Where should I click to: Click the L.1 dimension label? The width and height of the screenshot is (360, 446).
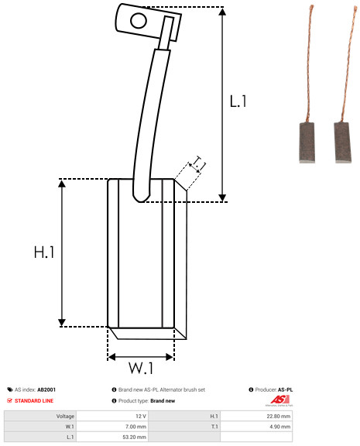(238, 101)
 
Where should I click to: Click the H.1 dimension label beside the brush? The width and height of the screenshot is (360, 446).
(44, 252)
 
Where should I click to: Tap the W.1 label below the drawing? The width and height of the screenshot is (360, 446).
(141, 368)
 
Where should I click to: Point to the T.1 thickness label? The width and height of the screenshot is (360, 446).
(199, 163)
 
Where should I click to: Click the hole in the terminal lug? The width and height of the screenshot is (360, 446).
(139, 21)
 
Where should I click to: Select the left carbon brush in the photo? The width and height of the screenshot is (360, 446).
(307, 142)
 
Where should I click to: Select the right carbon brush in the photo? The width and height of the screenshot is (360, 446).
(342, 142)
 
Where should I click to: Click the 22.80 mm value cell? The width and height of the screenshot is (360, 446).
(256, 416)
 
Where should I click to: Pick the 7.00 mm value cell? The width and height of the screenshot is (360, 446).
(112, 427)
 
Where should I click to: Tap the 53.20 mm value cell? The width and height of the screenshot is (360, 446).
(112, 437)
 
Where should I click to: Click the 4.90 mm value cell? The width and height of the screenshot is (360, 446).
(256, 427)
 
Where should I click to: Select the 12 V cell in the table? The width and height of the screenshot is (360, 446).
(112, 416)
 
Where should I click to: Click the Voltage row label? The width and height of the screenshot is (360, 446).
(65, 417)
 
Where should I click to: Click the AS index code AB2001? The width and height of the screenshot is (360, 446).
(46, 389)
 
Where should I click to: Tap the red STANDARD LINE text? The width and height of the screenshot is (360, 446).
(34, 401)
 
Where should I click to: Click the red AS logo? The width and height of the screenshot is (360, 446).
(279, 400)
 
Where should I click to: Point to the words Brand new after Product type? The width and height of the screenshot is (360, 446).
(163, 401)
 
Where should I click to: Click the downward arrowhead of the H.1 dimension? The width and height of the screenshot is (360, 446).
(62, 323)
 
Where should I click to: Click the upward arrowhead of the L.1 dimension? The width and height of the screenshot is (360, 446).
(222, 12)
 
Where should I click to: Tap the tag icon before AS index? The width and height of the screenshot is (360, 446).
(10, 389)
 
